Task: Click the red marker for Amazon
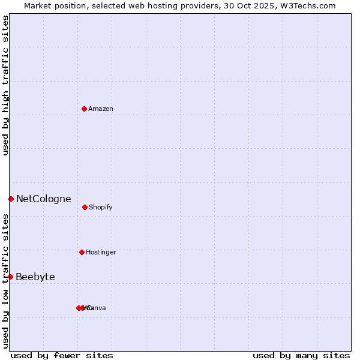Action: (84, 109)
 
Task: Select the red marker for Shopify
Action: (85, 207)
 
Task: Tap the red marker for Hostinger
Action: (82, 252)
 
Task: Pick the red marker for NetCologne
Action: (11, 199)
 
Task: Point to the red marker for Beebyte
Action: (10, 277)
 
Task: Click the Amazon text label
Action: (101, 109)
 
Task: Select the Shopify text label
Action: (100, 207)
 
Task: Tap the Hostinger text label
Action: (101, 252)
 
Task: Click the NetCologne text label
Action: (43, 199)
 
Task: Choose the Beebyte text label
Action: (35, 277)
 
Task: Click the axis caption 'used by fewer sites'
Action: (62, 355)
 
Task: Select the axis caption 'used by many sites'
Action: (301, 355)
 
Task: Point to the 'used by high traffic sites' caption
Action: (5, 85)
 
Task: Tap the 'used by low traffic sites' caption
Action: (5, 281)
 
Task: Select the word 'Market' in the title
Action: (38, 5)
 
